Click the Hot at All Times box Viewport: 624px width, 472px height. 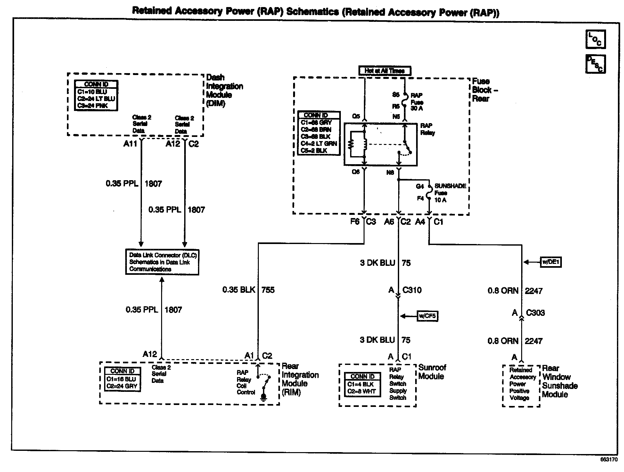[384, 71]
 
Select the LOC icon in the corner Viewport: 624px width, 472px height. [595, 39]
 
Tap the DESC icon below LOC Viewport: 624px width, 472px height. [595, 64]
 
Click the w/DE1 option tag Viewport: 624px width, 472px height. [551, 262]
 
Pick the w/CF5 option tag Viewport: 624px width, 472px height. [427, 316]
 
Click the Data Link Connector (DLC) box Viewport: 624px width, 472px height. [162, 262]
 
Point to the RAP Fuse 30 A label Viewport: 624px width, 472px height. [417, 102]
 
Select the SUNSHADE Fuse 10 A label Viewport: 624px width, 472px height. [450, 193]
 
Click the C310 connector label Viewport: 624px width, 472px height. [412, 290]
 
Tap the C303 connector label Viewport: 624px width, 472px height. [535, 313]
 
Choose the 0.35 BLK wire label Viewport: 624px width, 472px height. [239, 290]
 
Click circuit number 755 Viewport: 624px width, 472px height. [268, 290]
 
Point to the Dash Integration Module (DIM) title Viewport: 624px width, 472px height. [224, 90]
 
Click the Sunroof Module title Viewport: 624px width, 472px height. [432, 372]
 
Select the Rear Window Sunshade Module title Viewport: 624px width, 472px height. [560, 381]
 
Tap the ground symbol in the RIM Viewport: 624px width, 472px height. [263, 398]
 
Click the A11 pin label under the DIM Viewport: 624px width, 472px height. [130, 144]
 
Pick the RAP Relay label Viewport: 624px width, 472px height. [427, 129]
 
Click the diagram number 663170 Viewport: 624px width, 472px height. [609, 459]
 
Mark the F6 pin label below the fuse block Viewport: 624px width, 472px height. [355, 222]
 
